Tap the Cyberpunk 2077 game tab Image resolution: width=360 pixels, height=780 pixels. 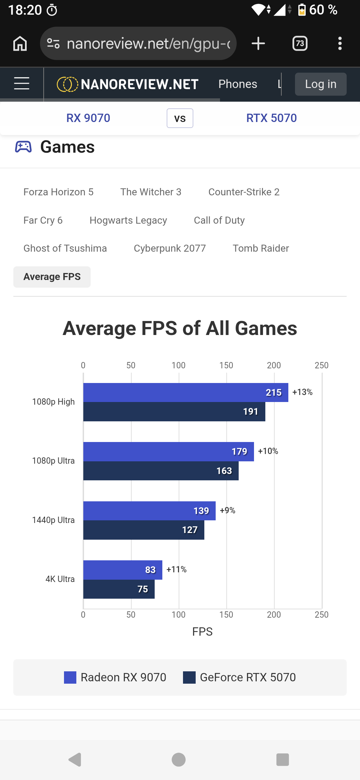(x=170, y=248)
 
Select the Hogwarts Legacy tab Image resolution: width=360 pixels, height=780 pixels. (x=128, y=220)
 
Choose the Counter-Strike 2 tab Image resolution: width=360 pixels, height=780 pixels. (x=244, y=192)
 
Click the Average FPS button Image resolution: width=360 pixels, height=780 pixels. (x=52, y=277)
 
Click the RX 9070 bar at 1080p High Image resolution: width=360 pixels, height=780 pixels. (x=186, y=392)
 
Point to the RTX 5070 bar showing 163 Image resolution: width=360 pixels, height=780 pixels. (x=161, y=471)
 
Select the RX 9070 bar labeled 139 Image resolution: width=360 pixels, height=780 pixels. (x=149, y=511)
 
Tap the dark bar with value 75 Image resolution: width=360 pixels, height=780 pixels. (x=119, y=589)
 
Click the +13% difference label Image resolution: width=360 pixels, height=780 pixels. (x=302, y=392)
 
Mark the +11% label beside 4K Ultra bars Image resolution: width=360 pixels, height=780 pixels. (x=176, y=569)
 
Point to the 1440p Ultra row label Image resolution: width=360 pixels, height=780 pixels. (x=53, y=520)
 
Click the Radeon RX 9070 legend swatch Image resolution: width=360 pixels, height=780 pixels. (x=70, y=677)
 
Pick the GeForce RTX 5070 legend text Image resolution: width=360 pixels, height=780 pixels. (x=248, y=677)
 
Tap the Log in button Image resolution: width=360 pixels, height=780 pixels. (x=321, y=84)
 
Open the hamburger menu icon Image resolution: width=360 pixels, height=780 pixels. (x=22, y=83)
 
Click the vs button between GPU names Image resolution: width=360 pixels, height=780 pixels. (x=180, y=118)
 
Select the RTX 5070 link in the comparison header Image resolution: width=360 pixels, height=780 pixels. (x=271, y=118)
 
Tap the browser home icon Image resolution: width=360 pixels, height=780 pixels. (x=20, y=43)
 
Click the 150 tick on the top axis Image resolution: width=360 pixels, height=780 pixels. (x=226, y=365)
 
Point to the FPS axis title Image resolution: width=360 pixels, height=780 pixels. (x=202, y=632)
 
